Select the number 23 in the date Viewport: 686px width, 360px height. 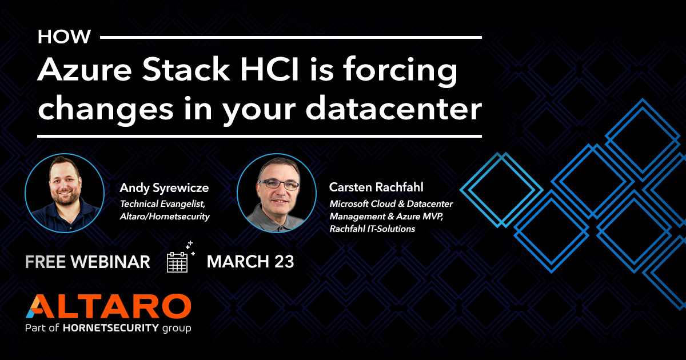pyautogui.click(x=283, y=262)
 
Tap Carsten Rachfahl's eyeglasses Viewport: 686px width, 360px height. pyautogui.click(x=278, y=185)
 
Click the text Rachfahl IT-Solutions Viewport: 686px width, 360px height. pyautogui.click(x=372, y=229)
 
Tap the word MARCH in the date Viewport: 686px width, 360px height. pyautogui.click(x=237, y=262)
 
